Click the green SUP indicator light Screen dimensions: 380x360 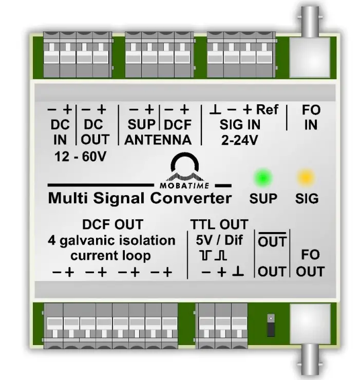tap(263, 178)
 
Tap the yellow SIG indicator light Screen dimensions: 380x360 tap(306, 178)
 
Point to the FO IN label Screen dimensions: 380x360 tap(310, 117)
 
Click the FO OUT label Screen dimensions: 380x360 tap(310, 263)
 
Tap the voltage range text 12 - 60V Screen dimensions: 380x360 tap(80, 157)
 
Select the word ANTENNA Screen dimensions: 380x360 tap(158, 140)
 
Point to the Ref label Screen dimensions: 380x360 tap(267, 109)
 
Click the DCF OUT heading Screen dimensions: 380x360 tap(112, 224)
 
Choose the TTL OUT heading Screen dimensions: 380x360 tap(219, 224)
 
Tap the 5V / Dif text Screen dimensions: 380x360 tap(219, 239)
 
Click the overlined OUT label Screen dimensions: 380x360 tap(272, 241)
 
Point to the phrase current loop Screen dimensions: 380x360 tap(111, 255)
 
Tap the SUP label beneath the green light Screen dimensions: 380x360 tap(263, 198)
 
